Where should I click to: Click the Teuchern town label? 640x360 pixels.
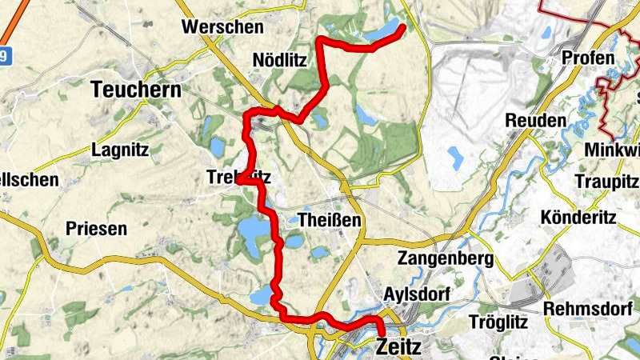pyautogui.click(x=137, y=90)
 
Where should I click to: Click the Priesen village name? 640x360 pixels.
pyautogui.click(x=96, y=229)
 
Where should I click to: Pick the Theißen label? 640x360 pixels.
pyautogui.click(x=329, y=220)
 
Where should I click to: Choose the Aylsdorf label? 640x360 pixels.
pyautogui.click(x=418, y=294)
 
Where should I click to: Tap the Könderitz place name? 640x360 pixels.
pyautogui.click(x=581, y=218)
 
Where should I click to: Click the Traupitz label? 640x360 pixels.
pyautogui.click(x=606, y=182)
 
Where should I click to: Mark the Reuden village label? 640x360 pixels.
pyautogui.click(x=535, y=120)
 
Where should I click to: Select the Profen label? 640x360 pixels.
pyautogui.click(x=588, y=58)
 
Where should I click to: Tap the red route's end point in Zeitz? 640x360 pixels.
pyautogui.click(x=382, y=334)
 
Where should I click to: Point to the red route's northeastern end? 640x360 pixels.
pyautogui.click(x=402, y=29)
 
